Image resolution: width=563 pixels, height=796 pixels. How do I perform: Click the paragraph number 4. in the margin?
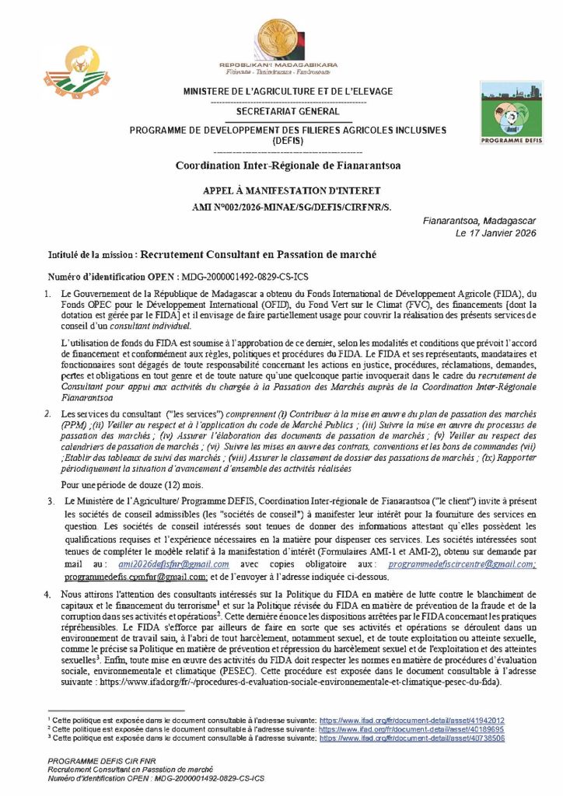click(47, 595)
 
